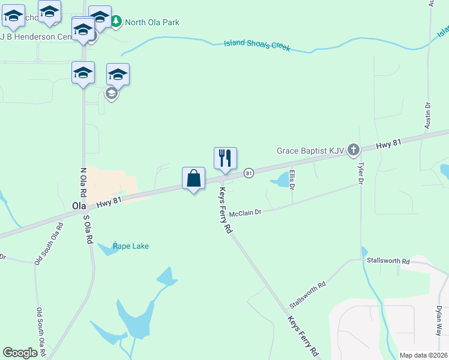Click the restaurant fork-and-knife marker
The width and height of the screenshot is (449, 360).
click(x=225, y=158)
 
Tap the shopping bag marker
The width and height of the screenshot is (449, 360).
click(x=193, y=178)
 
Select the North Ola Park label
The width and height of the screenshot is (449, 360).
click(x=152, y=22)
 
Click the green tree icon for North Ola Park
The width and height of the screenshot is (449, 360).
click(x=116, y=22)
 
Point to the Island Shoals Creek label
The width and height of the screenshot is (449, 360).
click(x=257, y=46)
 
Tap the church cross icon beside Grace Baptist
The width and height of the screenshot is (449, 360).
click(x=354, y=149)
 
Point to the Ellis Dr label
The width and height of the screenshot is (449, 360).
click(x=292, y=179)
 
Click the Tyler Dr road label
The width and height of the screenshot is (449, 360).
click(x=361, y=173)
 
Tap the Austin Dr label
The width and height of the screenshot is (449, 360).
click(x=428, y=115)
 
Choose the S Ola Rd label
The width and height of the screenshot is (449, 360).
click(x=88, y=229)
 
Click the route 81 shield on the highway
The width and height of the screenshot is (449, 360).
click(x=249, y=173)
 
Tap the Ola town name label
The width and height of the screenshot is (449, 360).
click(x=79, y=206)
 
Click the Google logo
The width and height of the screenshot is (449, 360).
click(x=20, y=353)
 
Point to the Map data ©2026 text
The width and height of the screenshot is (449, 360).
click(x=423, y=355)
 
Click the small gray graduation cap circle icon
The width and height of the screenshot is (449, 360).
click(x=111, y=94)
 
